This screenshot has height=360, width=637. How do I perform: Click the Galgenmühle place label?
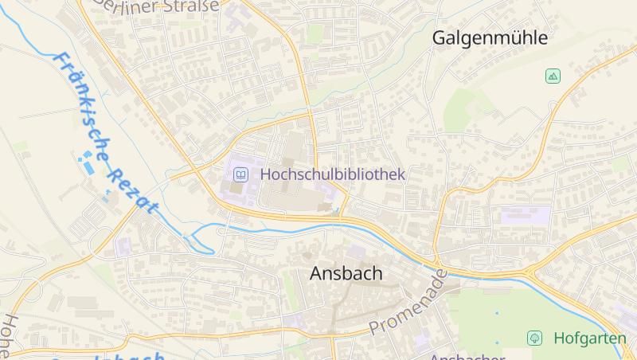[490, 37]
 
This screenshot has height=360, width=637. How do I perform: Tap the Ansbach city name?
[346, 273]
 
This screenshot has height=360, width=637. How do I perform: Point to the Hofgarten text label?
[589, 338]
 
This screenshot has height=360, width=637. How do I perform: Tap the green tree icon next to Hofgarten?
[535, 338]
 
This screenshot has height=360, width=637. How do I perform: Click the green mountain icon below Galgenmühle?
[553, 76]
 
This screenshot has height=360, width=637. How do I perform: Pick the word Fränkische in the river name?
[84, 104]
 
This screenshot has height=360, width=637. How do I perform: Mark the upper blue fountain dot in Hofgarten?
[498, 313]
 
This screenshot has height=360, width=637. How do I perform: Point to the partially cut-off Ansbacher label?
[466, 356]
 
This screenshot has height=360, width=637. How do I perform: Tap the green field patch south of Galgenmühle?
[466, 108]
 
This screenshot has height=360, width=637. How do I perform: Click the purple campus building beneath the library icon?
[239, 191]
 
